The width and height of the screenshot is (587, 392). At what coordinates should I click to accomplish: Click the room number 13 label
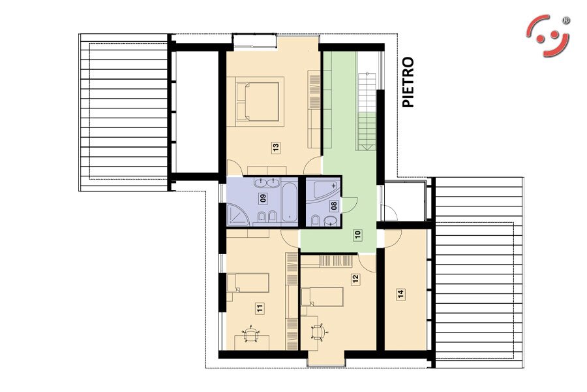[x=277, y=148]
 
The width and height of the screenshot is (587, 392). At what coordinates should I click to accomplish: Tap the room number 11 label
[x=260, y=309]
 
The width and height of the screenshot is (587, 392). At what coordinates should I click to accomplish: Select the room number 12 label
[x=355, y=279]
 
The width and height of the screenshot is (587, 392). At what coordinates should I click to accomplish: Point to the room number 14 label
[x=401, y=294]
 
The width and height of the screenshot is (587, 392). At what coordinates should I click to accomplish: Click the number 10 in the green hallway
[x=357, y=235]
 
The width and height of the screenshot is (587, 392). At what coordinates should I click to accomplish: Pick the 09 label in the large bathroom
[x=263, y=198]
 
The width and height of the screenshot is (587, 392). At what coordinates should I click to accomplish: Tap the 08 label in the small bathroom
[x=334, y=206]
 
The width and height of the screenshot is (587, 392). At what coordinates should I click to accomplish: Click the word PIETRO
[x=408, y=82]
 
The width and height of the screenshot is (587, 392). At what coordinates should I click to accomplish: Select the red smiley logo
[x=548, y=36]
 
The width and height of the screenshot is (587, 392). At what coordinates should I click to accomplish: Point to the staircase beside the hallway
[x=367, y=112]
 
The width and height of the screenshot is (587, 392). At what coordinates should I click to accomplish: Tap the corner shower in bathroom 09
[x=237, y=215]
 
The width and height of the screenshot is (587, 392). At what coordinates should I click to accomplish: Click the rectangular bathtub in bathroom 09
[x=290, y=202]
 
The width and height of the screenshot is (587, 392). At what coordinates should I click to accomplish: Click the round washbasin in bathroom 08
[x=331, y=221]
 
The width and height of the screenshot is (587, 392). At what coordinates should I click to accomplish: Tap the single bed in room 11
[x=248, y=282]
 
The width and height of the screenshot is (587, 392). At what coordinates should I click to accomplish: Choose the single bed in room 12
[x=322, y=297]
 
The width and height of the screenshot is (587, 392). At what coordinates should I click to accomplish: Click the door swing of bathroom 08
[x=351, y=204]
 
